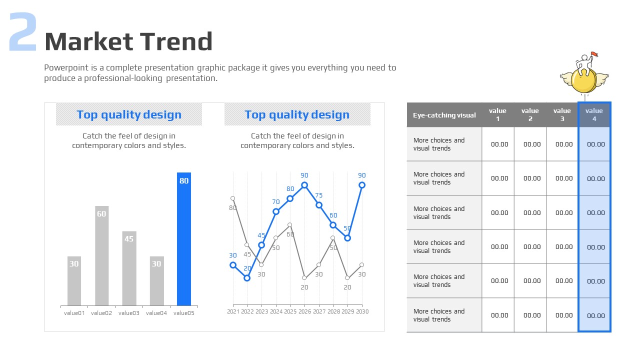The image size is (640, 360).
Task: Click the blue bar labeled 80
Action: [183, 239]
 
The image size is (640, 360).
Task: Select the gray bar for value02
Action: [101, 255]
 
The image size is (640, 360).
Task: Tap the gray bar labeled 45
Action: [129, 268]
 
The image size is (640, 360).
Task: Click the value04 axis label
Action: [156, 313]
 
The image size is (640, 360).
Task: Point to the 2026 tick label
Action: [304, 311]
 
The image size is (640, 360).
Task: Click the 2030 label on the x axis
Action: [362, 311]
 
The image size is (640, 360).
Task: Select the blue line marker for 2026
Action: [304, 185]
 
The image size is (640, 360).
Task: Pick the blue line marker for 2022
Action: [247, 278]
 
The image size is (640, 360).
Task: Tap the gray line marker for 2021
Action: [233, 198]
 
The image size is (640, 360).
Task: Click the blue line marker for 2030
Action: [362, 185]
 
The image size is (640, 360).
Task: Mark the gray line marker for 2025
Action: [289, 225]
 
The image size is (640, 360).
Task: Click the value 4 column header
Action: [594, 114]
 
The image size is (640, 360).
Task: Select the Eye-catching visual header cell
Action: [444, 115]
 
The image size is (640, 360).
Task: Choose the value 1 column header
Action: [497, 114]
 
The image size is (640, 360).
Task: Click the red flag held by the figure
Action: [594, 54]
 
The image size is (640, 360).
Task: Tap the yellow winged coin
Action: [583, 80]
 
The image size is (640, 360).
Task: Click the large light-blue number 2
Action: [23, 32]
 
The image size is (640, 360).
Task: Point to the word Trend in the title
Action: [176, 41]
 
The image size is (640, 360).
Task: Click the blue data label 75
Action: [319, 195]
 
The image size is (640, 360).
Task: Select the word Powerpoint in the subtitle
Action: [66, 67]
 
